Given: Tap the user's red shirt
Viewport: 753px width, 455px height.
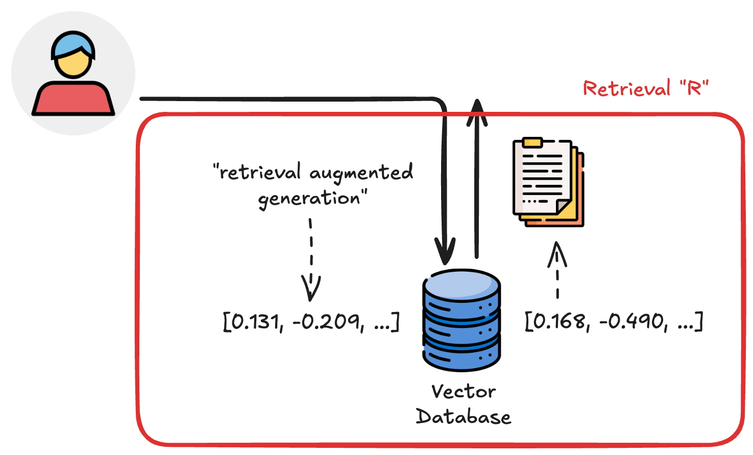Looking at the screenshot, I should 74,99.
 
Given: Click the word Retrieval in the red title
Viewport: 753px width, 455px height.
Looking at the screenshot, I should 626,89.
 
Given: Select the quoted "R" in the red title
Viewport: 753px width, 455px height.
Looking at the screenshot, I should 694,88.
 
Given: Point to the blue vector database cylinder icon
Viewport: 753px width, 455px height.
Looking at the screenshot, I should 461,320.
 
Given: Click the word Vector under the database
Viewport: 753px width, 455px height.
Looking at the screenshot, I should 464,392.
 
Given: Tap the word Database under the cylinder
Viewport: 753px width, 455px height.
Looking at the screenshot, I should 464,417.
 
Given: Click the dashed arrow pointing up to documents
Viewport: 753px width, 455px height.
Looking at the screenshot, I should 557,271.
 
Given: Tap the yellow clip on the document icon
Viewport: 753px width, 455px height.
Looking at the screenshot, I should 532,143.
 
